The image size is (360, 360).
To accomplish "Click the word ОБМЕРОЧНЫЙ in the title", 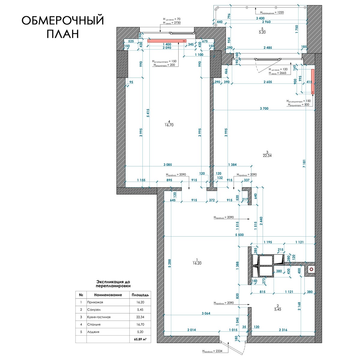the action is click(63, 20).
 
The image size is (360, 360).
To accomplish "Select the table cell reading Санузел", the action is click(94, 310).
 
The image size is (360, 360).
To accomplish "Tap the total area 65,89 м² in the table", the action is click(140, 339).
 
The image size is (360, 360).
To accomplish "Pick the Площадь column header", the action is click(140, 295).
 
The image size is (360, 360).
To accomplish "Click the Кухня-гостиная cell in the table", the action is click(99, 317).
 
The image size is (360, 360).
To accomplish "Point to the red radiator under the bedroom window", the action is click(167, 41).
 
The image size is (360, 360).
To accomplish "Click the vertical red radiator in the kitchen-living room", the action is click(313, 82).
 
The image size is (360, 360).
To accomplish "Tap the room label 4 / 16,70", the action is click(169, 123).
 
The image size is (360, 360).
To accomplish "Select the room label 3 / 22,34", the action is click(267, 154).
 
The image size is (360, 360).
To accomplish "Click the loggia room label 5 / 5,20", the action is click(262, 31).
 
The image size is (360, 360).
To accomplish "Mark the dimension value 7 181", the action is click(304, 163).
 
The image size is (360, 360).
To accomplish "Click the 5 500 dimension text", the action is click(239, 235).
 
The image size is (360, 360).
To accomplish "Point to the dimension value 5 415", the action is click(148, 113).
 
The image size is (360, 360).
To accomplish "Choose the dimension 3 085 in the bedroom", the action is click(168, 165).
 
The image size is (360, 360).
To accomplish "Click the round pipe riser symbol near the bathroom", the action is click(311, 269).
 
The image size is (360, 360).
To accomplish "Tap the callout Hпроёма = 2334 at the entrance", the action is click(212, 351).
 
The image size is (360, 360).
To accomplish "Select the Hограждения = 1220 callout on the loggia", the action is click(272, 13).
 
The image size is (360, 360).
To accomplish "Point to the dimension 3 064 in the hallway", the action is click(206, 313).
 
